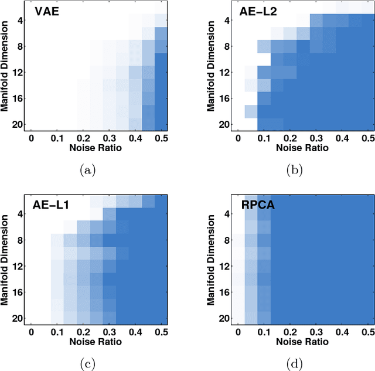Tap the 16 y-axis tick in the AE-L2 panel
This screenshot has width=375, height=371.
[x=224, y=98]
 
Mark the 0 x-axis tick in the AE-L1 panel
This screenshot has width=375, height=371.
[x=32, y=332]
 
